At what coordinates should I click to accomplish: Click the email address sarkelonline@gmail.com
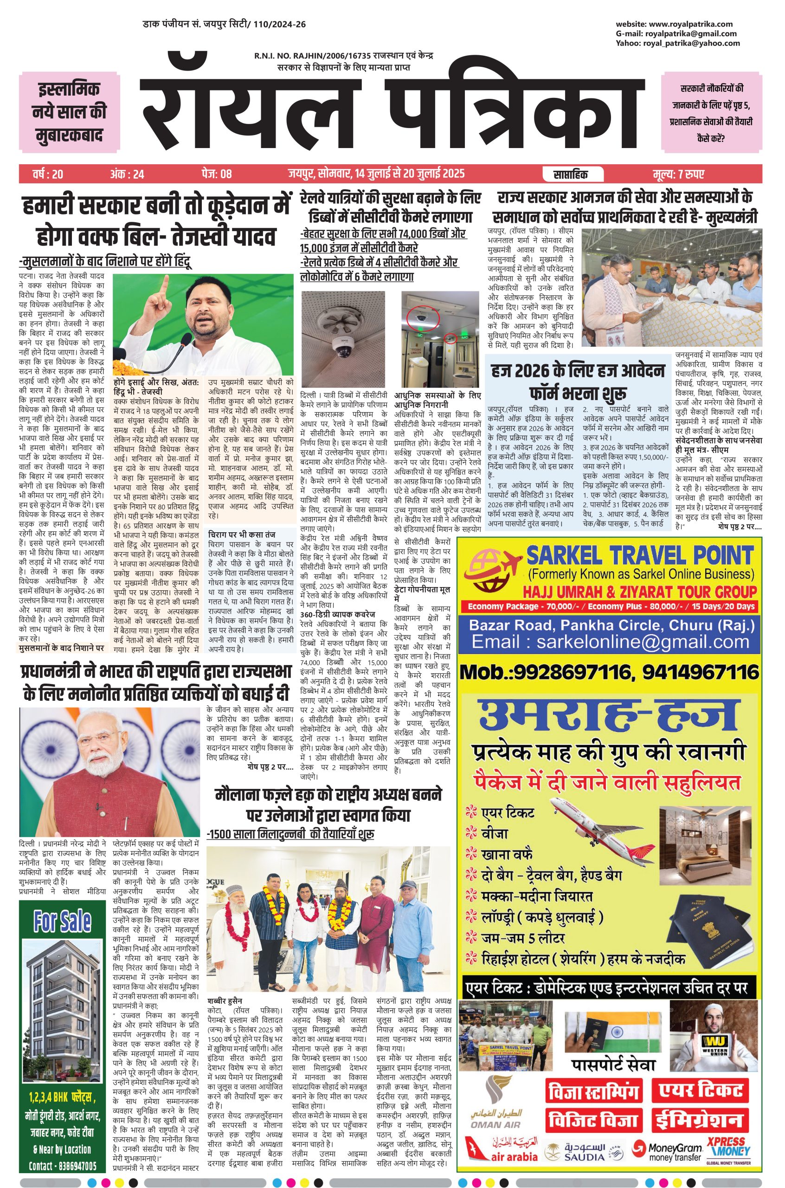[610, 642]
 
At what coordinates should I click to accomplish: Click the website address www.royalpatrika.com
[690, 24]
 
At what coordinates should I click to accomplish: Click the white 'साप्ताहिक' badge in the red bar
[571, 174]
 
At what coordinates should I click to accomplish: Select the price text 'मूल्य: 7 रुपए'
[679, 174]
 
